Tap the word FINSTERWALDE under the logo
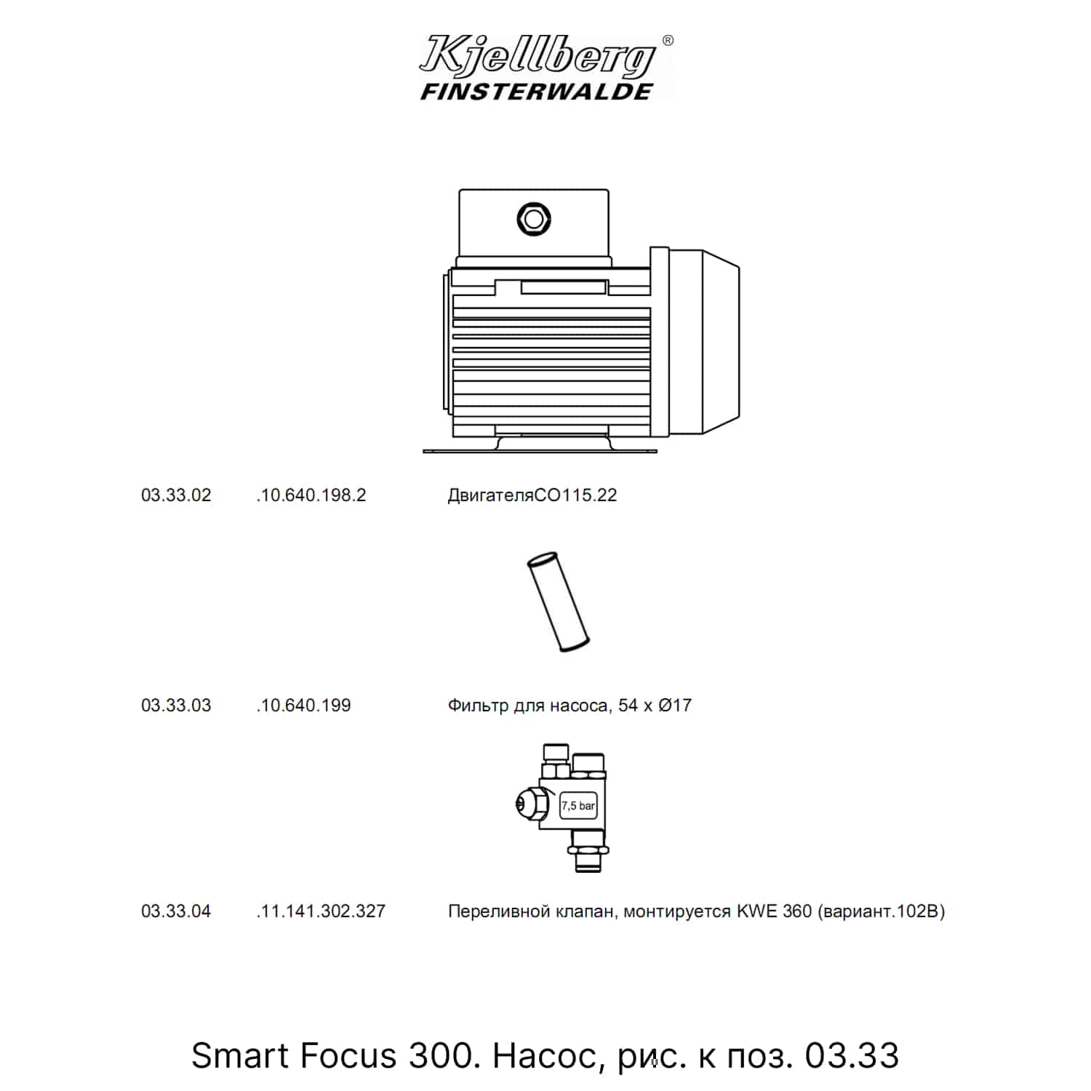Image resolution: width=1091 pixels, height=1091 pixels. [x=537, y=92]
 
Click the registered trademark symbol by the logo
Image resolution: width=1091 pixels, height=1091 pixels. [x=668, y=41]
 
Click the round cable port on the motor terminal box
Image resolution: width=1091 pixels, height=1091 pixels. [x=534, y=218]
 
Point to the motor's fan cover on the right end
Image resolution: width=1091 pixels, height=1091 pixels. [x=704, y=341]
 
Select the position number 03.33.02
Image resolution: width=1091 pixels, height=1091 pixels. [x=176, y=495]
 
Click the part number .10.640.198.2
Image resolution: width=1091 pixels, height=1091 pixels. [x=311, y=495]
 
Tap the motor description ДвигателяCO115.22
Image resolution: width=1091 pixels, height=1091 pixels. [x=532, y=495]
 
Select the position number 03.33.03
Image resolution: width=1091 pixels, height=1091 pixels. [x=176, y=706]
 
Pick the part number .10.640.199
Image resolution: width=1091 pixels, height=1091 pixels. [x=303, y=706]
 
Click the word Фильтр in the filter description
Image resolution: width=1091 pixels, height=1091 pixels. [x=478, y=706]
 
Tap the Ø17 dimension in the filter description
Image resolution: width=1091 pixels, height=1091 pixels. [x=675, y=706]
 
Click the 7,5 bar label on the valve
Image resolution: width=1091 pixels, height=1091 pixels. [x=578, y=806]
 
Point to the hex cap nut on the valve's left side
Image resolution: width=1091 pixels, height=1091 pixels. [x=529, y=802]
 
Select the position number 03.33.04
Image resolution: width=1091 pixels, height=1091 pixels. [x=176, y=911]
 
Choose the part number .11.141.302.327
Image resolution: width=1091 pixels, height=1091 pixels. [x=321, y=911]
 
